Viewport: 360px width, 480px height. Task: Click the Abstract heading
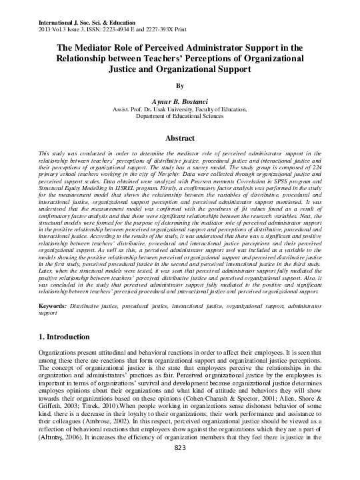pos(179,137)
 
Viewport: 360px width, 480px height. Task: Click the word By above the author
pos(179,85)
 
